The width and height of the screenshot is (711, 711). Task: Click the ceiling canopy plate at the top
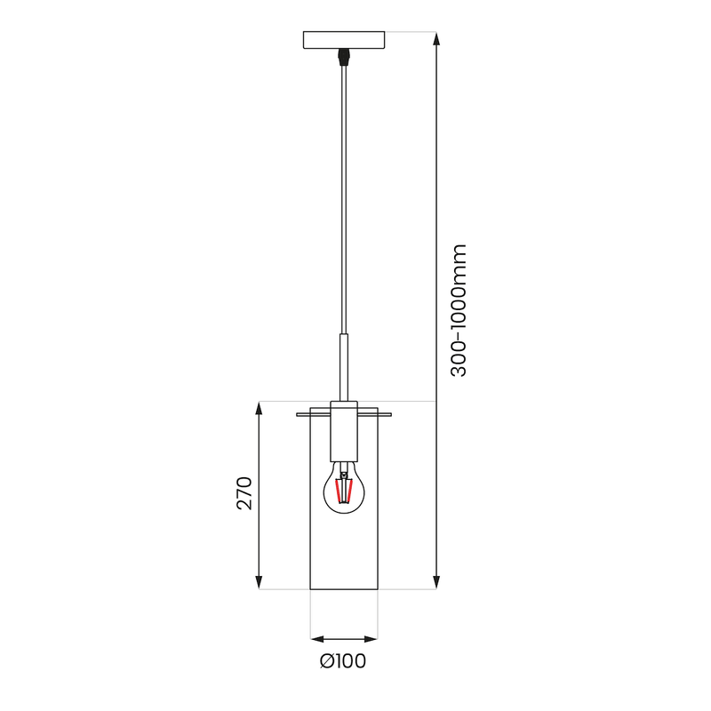[x=344, y=40]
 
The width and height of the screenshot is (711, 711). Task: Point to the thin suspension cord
[x=343, y=196]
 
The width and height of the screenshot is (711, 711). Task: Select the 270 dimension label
[x=245, y=493]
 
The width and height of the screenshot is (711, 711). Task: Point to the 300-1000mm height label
[x=459, y=310]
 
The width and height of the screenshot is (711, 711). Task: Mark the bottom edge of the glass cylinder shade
[x=344, y=589]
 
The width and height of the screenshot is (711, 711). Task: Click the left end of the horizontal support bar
[x=299, y=414]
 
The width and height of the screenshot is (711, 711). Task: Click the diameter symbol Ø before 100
[x=326, y=661]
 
